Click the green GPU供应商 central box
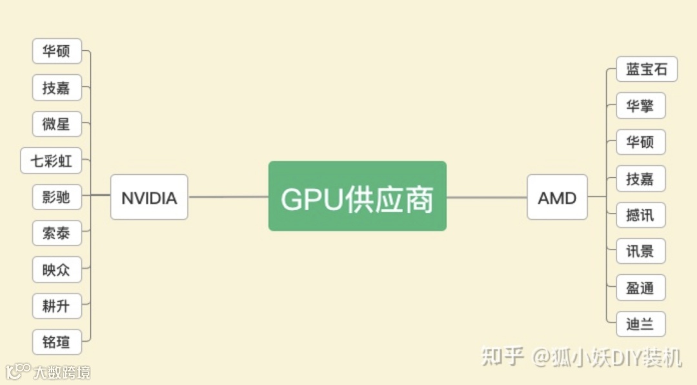(357, 196)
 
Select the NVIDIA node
(149, 197)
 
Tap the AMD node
(557, 197)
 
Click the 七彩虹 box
(52, 161)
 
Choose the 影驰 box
(57, 197)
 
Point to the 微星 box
(57, 124)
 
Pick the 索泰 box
(57, 233)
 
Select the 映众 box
(57, 270)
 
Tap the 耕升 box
(57, 306)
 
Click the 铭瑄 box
(57, 342)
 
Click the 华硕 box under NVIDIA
(57, 51)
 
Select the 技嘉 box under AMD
(640, 179)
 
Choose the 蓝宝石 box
(647, 69)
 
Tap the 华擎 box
(640, 106)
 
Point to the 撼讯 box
(640, 215)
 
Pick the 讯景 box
(640, 251)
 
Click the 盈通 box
(640, 288)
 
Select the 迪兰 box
(640, 324)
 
